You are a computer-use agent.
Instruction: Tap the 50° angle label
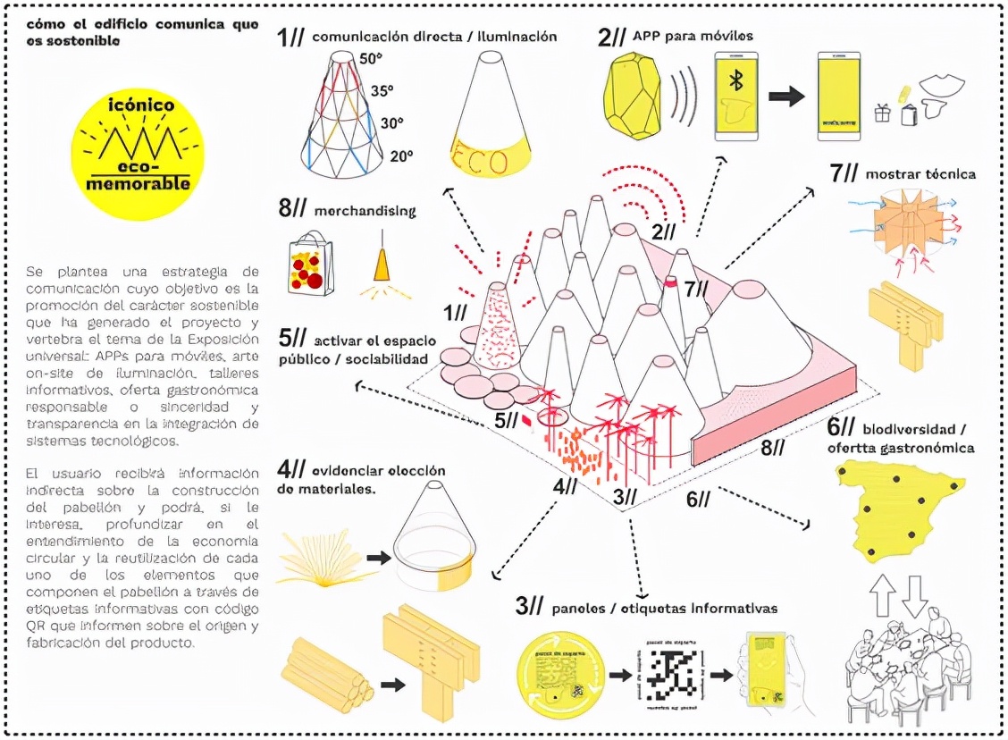point(371,59)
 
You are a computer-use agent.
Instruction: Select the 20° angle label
point(401,156)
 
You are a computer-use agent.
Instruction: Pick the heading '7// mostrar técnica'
point(902,173)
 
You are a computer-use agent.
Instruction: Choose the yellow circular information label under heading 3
point(559,673)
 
